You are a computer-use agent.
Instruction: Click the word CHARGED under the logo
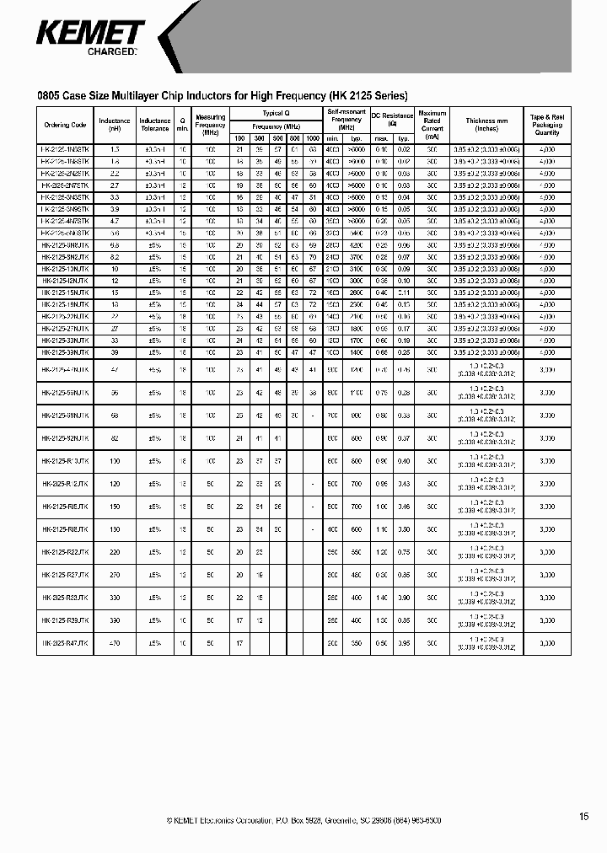pyautogui.click(x=111, y=52)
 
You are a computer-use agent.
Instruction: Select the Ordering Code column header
pyautogui.click(x=66, y=125)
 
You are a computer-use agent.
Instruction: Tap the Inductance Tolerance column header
pyautogui.click(x=155, y=125)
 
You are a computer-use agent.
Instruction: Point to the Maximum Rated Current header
pyautogui.click(x=432, y=124)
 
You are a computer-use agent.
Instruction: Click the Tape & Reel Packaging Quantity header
pyautogui.click(x=546, y=124)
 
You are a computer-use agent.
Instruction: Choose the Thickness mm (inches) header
pyautogui.click(x=486, y=125)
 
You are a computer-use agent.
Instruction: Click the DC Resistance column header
pyautogui.click(x=392, y=119)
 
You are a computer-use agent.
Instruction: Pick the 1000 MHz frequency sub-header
pyautogui.click(x=313, y=137)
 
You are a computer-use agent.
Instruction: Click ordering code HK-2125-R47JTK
pyautogui.click(x=66, y=642)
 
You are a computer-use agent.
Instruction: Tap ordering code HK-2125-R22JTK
pyautogui.click(x=66, y=551)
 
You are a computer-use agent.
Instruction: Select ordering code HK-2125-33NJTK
pyautogui.click(x=66, y=340)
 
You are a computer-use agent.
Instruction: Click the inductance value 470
pyautogui.click(x=115, y=642)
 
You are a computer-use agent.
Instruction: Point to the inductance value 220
pyautogui.click(x=115, y=551)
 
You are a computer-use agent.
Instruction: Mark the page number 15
pyautogui.click(x=584, y=816)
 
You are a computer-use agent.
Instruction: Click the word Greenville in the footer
pyautogui.click(x=344, y=820)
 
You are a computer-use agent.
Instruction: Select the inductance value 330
pyautogui.click(x=115, y=597)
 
